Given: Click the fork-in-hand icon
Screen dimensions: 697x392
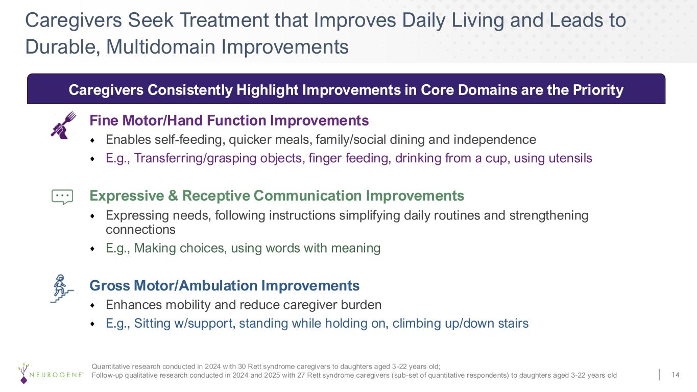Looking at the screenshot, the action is pyautogui.click(x=63, y=125).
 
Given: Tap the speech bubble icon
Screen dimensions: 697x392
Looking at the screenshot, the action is pyautogui.click(x=62, y=197).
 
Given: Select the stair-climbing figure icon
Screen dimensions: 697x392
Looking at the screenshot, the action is pyautogui.click(x=62, y=289).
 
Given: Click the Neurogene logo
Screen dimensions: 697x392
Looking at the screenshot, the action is pyautogui.click(x=51, y=373).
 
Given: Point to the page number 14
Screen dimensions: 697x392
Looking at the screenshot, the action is pyautogui.click(x=675, y=375).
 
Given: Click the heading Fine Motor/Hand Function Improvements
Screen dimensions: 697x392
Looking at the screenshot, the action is pyautogui.click(x=229, y=120).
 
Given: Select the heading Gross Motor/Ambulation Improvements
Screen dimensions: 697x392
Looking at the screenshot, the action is pyautogui.click(x=224, y=286).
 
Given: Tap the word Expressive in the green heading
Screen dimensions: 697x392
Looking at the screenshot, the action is pyautogui.click(x=127, y=195).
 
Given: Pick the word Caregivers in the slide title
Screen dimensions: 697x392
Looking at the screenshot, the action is pyautogui.click(x=74, y=20).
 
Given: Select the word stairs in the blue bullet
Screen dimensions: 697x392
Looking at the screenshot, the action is pyautogui.click(x=513, y=323).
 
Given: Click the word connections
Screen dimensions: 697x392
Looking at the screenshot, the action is pyautogui.click(x=140, y=230).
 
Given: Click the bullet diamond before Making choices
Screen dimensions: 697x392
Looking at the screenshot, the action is pyautogui.click(x=92, y=249).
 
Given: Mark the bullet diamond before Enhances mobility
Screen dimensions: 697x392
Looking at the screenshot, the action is pyautogui.click(x=92, y=305).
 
